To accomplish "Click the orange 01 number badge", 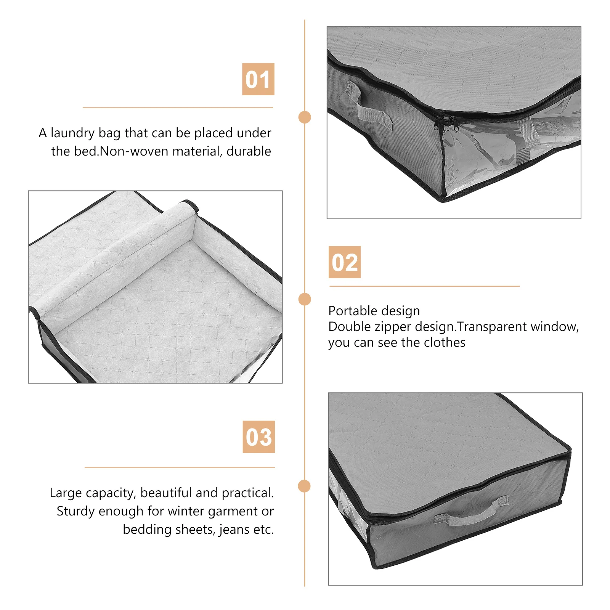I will (258, 79).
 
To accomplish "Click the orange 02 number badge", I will (345, 262).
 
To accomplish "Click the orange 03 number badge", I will (258, 437).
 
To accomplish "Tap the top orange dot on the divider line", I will (305, 117).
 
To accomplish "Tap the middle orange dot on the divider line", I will (305, 299).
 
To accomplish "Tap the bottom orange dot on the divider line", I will (304, 486).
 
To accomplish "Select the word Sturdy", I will (76, 511).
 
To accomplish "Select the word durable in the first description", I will (249, 151).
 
